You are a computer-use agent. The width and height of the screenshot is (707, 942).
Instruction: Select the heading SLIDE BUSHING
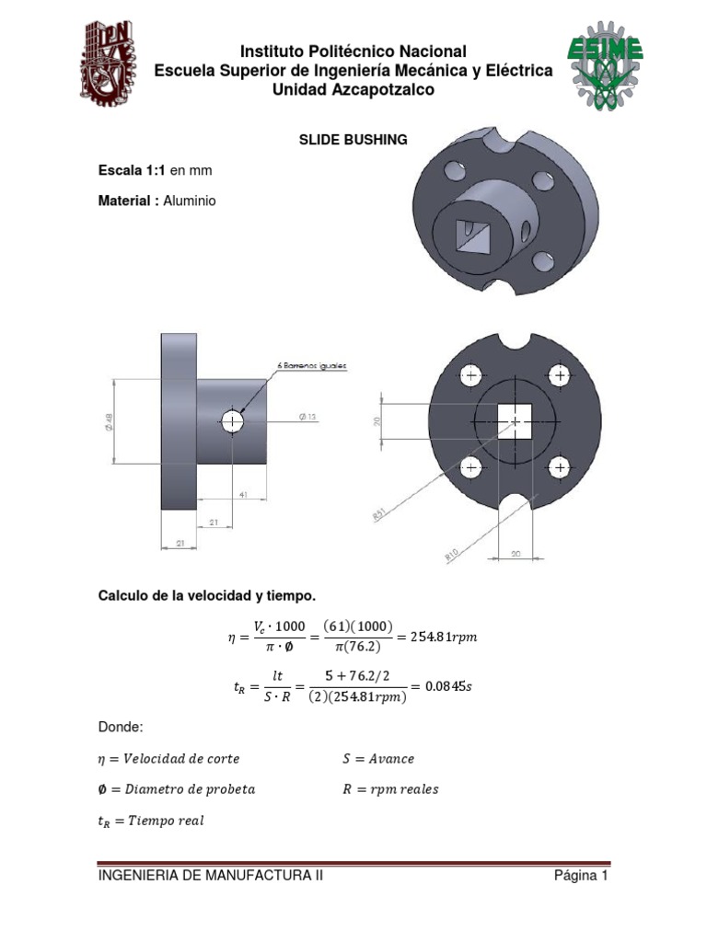click(353, 141)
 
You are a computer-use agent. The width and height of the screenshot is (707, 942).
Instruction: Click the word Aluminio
click(190, 201)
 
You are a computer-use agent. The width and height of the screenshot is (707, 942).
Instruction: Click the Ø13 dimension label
click(307, 417)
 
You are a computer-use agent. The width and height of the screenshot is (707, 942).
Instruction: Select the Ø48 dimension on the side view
click(107, 420)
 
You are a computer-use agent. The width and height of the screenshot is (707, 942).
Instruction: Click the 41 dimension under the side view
click(243, 495)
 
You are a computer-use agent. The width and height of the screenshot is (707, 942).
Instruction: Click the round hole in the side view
click(231, 421)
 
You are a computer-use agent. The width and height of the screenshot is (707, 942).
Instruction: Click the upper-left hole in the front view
click(472, 376)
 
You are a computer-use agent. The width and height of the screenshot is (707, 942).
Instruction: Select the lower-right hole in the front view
click(558, 468)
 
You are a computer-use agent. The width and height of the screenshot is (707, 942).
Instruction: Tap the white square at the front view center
click(516, 421)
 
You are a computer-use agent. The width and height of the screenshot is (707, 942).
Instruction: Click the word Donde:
click(121, 728)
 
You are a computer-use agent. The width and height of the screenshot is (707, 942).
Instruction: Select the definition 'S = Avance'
click(378, 759)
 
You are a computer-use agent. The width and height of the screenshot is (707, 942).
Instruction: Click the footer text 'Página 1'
click(581, 877)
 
